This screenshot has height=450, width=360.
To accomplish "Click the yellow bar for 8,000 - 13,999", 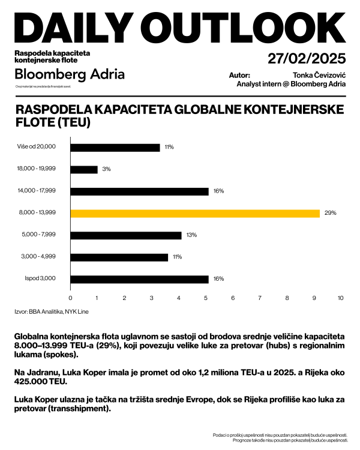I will pos(195,213).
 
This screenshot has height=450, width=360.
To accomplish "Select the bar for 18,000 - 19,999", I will pos(84,169).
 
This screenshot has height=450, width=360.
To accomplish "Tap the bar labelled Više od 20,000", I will pos(115,147).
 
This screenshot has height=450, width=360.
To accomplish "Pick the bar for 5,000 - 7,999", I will pos(126,235).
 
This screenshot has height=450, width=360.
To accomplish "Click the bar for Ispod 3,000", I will pos(140,279).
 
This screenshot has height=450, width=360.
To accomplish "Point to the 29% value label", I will pos(331,213).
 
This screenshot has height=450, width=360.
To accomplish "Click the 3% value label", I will pos(106,169).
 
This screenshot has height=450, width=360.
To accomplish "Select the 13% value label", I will pos(191,235).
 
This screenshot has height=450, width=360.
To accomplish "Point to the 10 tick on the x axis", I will pos(341,298).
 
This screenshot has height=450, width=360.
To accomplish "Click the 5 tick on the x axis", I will pos(206,298).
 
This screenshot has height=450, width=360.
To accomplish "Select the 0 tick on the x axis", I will pos(71,298).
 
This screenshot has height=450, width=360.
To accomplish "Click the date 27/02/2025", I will pos(307,59).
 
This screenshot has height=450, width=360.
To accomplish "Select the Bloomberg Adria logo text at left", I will pos(70,74).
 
